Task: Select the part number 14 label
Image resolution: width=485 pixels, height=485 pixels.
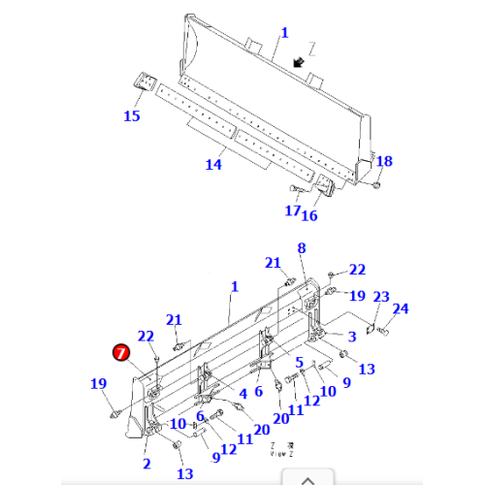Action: coord(213,164)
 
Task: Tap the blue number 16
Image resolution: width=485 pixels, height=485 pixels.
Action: coord(311,214)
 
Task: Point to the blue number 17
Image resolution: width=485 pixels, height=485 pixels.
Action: coord(292,210)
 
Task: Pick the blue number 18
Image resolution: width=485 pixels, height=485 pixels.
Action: coord(384,161)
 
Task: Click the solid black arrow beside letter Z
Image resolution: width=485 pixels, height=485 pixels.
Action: coord(301,62)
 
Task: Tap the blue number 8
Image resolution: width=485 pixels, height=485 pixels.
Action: coord(301,248)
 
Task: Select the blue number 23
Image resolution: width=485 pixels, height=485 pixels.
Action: coord(381,297)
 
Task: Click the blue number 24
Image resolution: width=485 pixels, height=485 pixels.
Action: coord(401,309)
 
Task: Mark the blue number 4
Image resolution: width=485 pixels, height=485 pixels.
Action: coord(242,394)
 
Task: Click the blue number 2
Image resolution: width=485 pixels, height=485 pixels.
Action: coord(146,464)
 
